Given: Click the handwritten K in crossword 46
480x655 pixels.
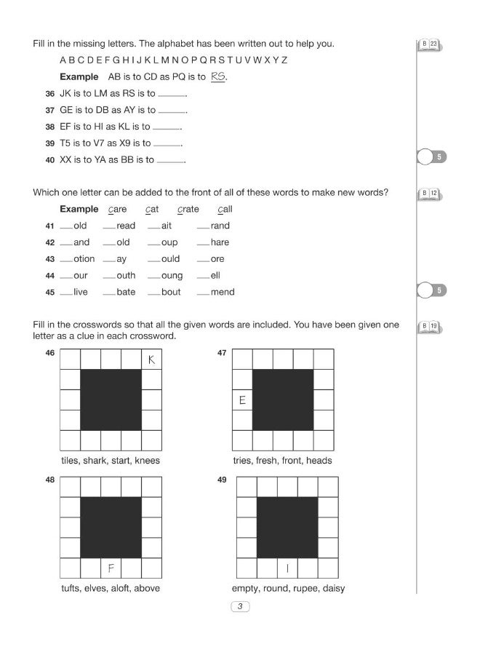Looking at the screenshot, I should point(151,360).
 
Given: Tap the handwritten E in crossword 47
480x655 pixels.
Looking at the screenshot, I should point(242,400).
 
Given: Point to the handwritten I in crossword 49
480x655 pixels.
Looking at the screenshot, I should point(288,568).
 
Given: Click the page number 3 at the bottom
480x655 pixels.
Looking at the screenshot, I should point(239,607).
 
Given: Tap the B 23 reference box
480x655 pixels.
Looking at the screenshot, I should point(430,45).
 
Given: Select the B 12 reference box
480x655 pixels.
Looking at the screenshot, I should point(430,194).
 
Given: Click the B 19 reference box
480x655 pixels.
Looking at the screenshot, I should point(430,325).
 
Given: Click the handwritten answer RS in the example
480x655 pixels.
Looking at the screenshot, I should point(217,76).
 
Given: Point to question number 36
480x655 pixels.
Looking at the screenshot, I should point(49,94).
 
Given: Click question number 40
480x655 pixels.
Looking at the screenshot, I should point(49,160).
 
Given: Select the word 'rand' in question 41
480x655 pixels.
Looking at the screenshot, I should point(220,226).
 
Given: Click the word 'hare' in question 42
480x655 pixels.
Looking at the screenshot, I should point(220,242).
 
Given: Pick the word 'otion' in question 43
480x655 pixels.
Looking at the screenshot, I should point(84,259).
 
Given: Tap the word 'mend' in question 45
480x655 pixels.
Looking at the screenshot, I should point(223,293).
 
